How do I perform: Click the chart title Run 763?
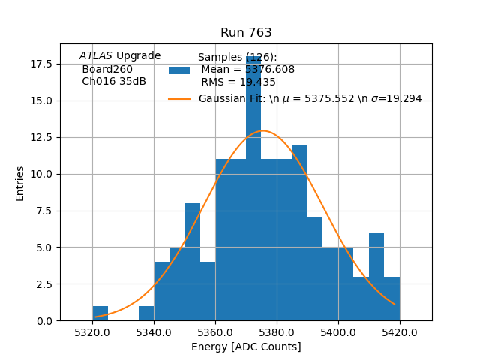click(246, 33)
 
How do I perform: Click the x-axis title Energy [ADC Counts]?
click(246, 346)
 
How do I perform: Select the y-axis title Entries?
click(20, 183)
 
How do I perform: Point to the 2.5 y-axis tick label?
click(43, 284)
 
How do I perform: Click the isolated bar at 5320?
click(100, 313)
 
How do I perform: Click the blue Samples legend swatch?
click(179, 70)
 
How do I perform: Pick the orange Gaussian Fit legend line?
click(179, 99)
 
